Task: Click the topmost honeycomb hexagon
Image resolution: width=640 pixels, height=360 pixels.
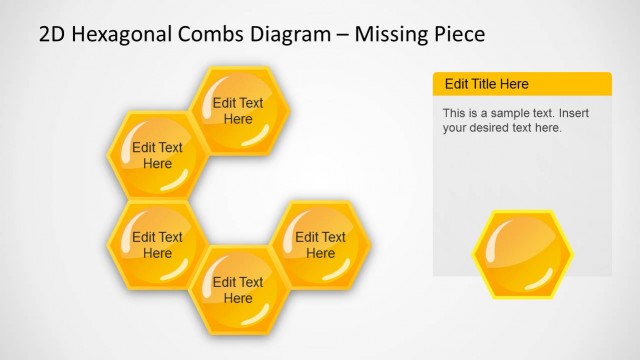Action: [239, 110]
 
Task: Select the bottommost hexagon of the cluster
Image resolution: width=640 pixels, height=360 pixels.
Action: [239, 290]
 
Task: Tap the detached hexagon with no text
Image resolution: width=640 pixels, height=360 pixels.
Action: [522, 254]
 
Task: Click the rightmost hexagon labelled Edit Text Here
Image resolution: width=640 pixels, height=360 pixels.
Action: [320, 245]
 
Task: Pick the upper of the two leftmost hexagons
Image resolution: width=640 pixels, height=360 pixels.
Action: [157, 156]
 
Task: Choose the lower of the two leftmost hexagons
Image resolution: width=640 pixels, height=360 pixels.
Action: [157, 245]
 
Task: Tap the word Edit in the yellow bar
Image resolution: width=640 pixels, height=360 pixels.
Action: [456, 84]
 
